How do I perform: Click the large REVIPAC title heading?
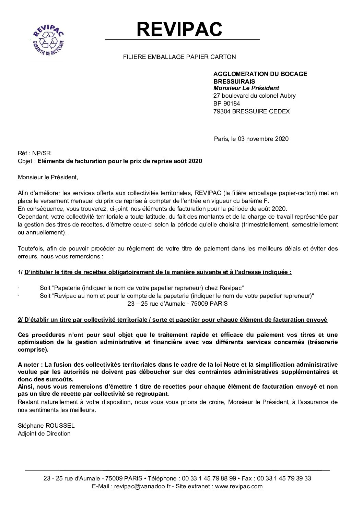[x=179, y=29]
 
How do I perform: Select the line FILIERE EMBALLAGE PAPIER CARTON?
[x=179, y=57]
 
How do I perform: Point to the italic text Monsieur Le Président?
[x=246, y=88]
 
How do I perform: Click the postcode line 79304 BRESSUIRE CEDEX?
[x=251, y=111]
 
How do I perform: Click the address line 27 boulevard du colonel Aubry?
[x=254, y=96]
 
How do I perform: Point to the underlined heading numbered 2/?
[x=173, y=320]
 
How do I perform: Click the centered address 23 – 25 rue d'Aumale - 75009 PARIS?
[x=177, y=304]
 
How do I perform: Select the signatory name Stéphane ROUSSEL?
[x=46, y=426]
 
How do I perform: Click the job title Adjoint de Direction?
[x=44, y=433]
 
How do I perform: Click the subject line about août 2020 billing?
[x=119, y=161]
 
